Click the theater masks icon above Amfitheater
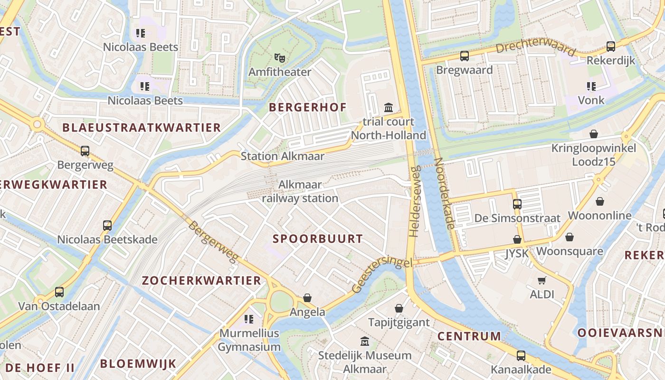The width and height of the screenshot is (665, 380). click(280, 58)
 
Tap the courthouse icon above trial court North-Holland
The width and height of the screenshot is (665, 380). click(389, 107)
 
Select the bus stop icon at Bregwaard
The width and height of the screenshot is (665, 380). click(465, 56)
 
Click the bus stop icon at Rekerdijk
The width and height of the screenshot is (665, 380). click(611, 47)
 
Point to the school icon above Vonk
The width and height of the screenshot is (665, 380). click(591, 86)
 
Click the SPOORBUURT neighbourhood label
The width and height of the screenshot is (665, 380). click(317, 239)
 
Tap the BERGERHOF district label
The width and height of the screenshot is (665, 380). click(308, 107)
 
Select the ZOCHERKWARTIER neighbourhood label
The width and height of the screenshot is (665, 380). click(202, 280)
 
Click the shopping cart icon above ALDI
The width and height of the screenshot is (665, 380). click(542, 280)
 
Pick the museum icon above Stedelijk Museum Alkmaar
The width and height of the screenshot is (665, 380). click(365, 341)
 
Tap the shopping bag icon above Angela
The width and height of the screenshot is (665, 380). click(307, 298)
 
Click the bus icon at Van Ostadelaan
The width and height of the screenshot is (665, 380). click(59, 292)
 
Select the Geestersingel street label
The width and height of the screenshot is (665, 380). click(382, 275)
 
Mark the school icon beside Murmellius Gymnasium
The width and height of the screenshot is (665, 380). click(249, 319)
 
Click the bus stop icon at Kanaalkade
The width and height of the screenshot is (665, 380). click(521, 355)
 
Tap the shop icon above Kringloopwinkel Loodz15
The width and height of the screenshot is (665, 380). click(593, 134)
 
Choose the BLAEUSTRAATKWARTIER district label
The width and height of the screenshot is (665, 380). click(142, 127)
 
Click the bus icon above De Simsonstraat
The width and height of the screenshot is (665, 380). click(517, 204)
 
